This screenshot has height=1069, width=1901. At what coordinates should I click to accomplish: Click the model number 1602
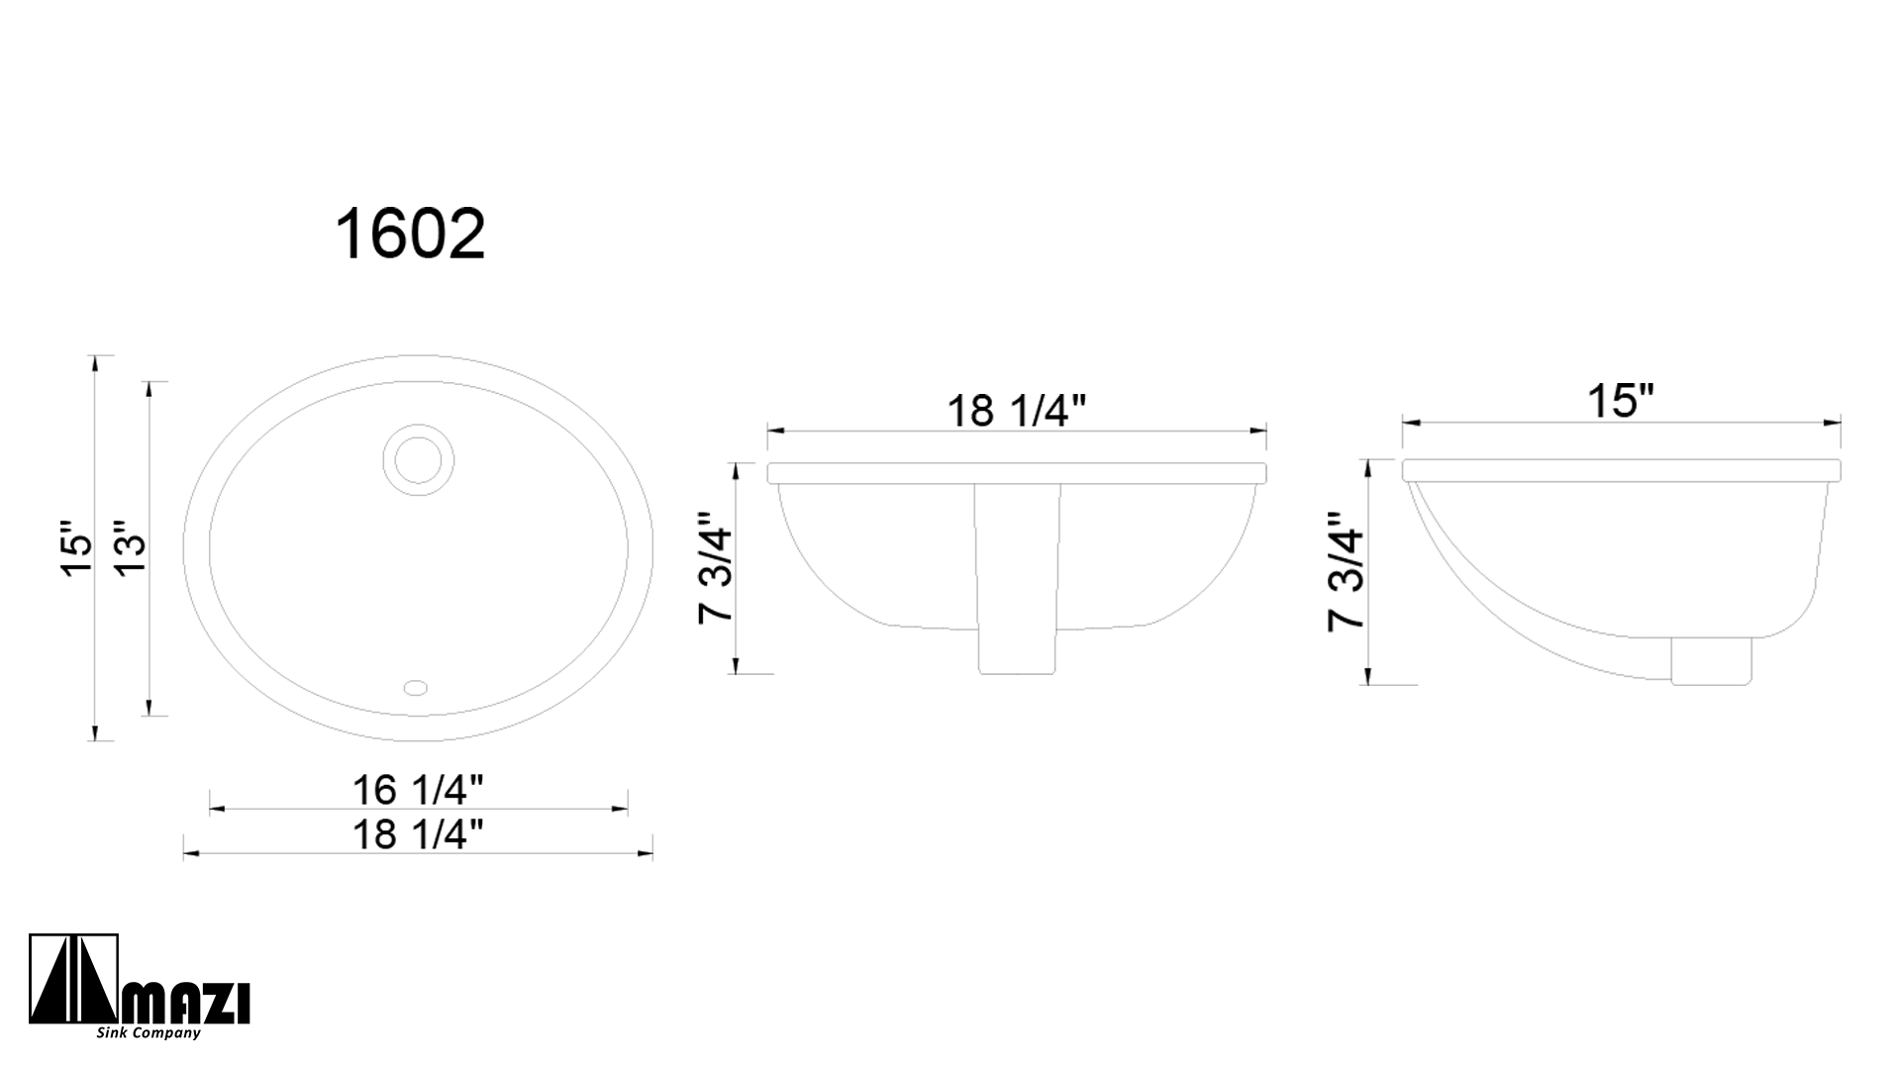pos(410,235)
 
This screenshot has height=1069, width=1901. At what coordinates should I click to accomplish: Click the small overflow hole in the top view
pos(416,686)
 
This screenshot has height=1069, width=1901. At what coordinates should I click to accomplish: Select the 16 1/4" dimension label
pos(418,790)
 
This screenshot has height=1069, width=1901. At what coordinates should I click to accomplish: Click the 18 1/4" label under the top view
pos(418,834)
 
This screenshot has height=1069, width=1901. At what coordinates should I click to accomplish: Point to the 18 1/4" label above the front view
pos(1017,411)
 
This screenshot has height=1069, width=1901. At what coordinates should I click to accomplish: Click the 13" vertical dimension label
pos(129,547)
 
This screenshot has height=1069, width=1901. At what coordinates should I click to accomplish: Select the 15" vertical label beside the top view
pos(76,547)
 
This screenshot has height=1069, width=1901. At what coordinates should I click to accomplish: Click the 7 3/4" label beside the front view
pos(716,568)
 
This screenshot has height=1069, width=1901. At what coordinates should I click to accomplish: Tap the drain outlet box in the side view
pos(1711,660)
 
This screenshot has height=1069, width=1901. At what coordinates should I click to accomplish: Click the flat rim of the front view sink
pos(1017,472)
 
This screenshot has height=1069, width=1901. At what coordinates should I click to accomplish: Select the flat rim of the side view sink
pos(1621,470)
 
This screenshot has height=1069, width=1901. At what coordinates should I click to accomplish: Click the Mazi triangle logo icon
pos(74,980)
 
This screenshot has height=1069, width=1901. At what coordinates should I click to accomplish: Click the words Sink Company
pos(149,1033)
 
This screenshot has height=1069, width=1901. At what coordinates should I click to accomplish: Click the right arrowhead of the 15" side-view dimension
pos(1835,423)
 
